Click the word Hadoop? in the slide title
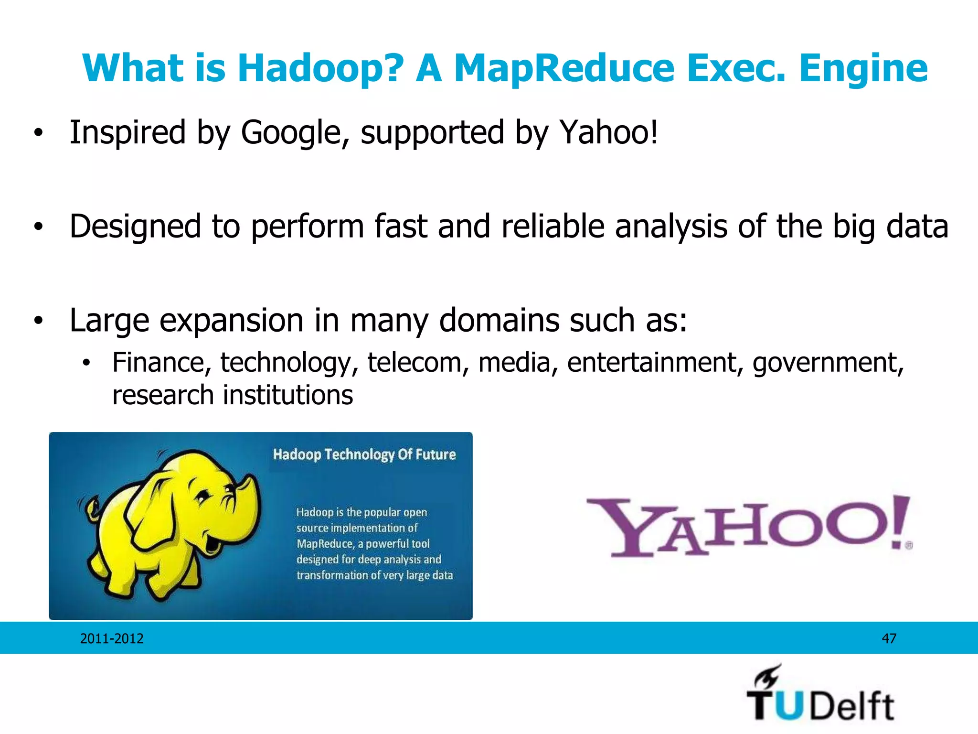[320, 68]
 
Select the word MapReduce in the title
[564, 68]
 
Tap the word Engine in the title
[863, 68]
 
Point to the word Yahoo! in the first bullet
[609, 132]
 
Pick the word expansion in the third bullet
[231, 320]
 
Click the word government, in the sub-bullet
[828, 362]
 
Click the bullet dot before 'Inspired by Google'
[38, 133]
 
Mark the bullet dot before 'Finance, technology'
[86, 364]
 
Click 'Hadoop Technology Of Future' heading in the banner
[364, 454]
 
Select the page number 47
[889, 638]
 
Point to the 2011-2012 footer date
[112, 638]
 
